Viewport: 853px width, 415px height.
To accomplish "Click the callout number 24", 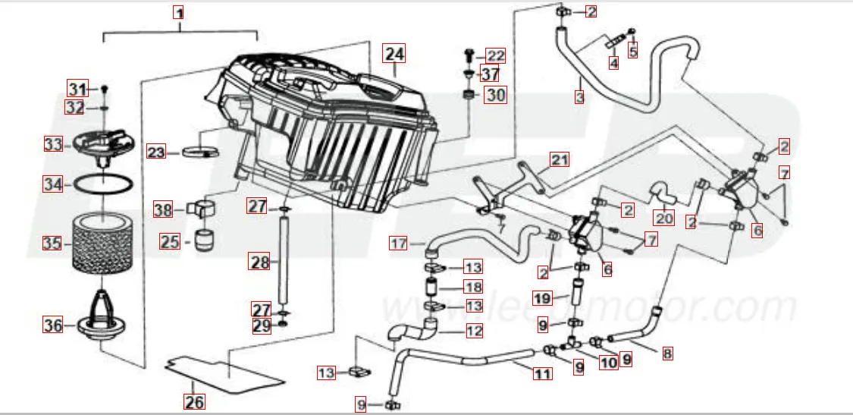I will (x=394, y=54).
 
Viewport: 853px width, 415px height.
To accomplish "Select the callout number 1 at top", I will (x=179, y=12).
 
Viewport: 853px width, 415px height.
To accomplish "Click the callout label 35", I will (x=52, y=244).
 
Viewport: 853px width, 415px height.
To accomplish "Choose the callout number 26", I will (x=195, y=401).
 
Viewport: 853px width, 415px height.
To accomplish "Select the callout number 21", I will (x=560, y=159).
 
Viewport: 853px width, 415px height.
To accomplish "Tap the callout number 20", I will (x=664, y=219).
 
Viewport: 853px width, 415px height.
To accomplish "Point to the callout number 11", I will (x=541, y=373).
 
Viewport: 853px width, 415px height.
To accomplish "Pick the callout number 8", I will (x=667, y=353).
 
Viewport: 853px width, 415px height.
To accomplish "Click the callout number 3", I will (x=580, y=97).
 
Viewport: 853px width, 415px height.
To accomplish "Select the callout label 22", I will (x=495, y=55).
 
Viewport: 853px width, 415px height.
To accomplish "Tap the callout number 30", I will (x=495, y=95).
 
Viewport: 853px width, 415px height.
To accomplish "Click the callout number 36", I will (x=52, y=325).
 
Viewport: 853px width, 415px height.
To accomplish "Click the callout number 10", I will (x=609, y=363).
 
